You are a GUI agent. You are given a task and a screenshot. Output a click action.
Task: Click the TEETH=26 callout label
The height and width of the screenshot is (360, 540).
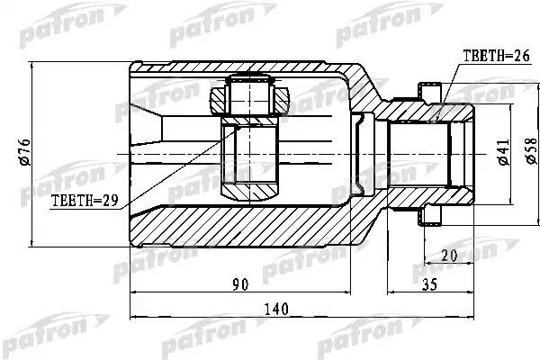click(x=496, y=56)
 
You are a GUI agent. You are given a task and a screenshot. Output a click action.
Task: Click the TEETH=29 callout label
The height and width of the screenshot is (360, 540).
click(x=85, y=200)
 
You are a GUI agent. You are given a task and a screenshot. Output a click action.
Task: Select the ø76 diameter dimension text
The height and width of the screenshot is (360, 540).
click(x=25, y=152)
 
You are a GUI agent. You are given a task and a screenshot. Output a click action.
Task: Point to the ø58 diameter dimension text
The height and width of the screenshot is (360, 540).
click(x=531, y=150)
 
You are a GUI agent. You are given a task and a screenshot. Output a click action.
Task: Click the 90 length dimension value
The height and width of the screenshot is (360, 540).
click(x=240, y=284)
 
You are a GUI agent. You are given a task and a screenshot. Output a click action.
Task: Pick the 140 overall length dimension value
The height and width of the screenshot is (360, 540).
click(x=276, y=309)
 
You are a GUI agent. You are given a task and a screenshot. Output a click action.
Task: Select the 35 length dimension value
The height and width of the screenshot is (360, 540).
click(x=429, y=284)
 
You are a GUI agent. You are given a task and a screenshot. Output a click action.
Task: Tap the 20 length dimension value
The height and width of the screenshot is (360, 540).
click(x=449, y=256)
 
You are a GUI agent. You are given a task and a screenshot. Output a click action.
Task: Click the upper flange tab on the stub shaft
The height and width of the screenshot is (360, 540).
click(x=430, y=92)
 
